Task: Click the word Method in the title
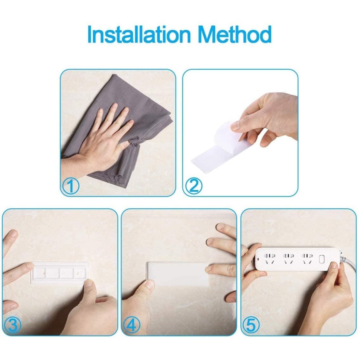(x=235, y=35)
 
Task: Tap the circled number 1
(x=71, y=186)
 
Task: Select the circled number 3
(x=12, y=326)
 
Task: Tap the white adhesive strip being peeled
(x=208, y=156)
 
